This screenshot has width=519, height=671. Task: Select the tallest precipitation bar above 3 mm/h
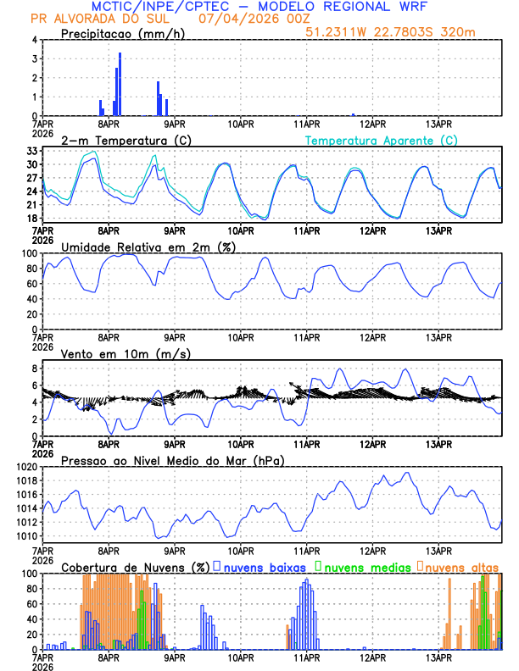point(120,84)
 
